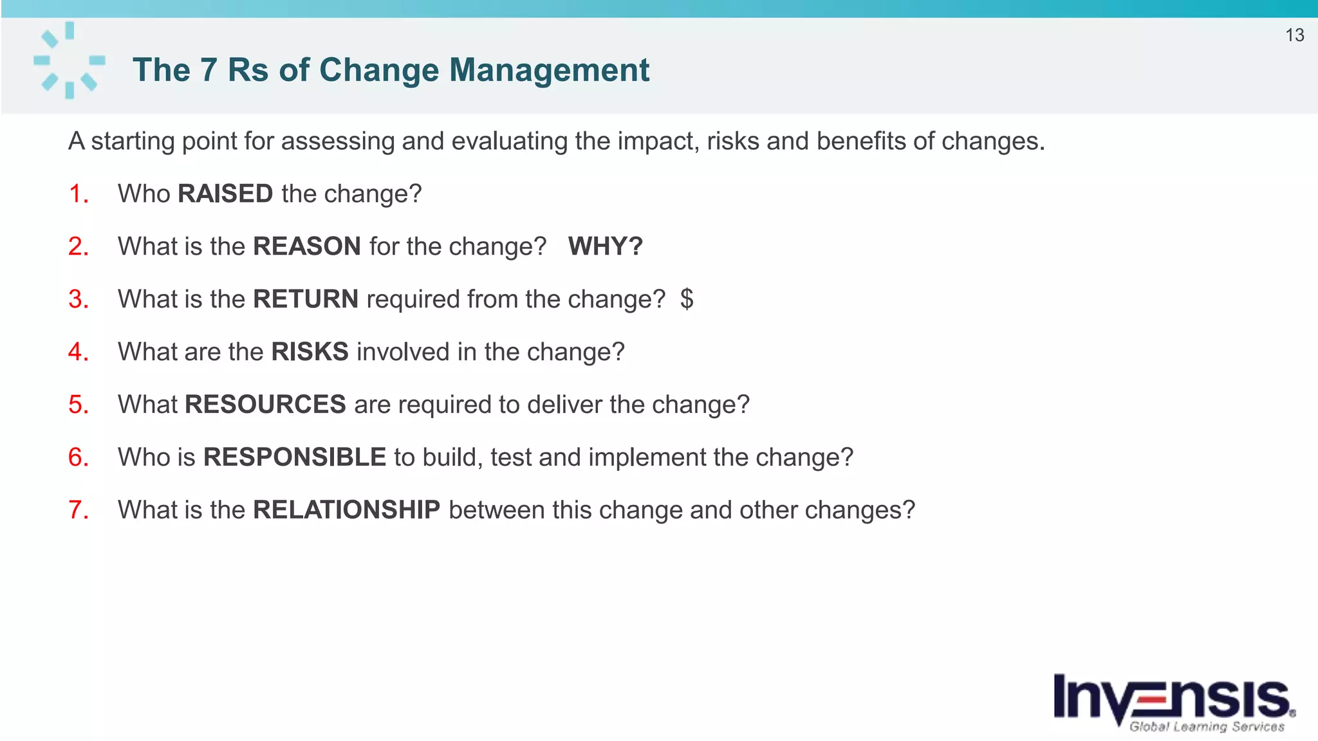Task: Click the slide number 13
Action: pyautogui.click(x=1294, y=35)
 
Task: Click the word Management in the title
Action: pyautogui.click(x=549, y=70)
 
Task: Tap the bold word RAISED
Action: pyautogui.click(x=225, y=194)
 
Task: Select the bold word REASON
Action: pyautogui.click(x=306, y=246)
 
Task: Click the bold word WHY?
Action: pyautogui.click(x=605, y=246)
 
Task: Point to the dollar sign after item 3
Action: pyautogui.click(x=687, y=299)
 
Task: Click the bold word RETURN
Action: pyautogui.click(x=305, y=299)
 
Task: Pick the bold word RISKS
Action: pyautogui.click(x=310, y=352)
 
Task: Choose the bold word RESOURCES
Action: pyautogui.click(x=265, y=405)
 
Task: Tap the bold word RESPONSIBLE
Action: pyautogui.click(x=294, y=457)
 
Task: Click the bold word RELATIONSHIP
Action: pyautogui.click(x=346, y=510)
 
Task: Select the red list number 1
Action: pyautogui.click(x=78, y=194)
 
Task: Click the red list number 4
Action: pyautogui.click(x=78, y=352)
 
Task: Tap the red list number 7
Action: pyautogui.click(x=78, y=510)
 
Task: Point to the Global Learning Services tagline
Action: pyautogui.click(x=1207, y=727)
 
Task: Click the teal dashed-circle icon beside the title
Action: pyautogui.click(x=70, y=60)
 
